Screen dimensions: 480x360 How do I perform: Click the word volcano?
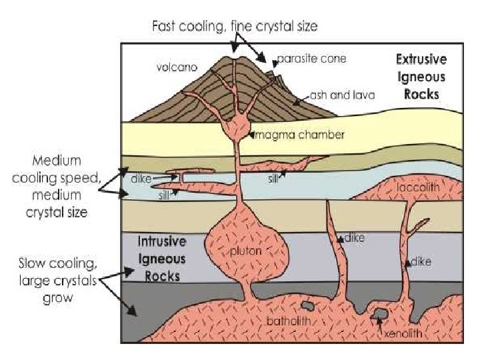pos(177,67)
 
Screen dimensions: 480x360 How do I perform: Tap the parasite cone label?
pos(311,59)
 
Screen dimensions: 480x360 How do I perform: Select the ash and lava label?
pos(342,95)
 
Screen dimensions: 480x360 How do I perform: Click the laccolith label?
pos(418,188)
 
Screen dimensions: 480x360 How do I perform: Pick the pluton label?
pos(247,251)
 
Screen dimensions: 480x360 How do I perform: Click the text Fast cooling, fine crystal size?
pos(235,27)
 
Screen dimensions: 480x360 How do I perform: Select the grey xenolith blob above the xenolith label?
pos(379,314)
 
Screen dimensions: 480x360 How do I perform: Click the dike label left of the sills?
pos(141,179)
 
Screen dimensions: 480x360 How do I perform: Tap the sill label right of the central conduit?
pos(274,178)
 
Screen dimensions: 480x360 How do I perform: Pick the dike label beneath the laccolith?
pos(421,262)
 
